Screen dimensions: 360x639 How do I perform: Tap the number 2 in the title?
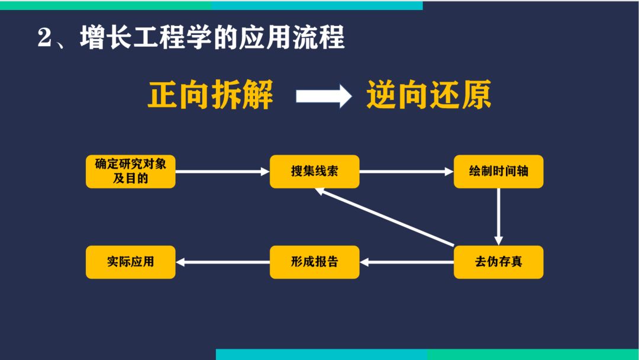point(46,39)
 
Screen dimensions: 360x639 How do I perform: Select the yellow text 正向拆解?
point(211,95)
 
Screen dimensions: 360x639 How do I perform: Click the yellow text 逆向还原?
point(429,95)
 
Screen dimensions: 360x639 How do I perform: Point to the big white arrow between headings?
point(323,96)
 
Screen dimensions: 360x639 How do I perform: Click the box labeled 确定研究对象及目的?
point(130,171)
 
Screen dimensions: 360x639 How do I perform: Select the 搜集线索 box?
point(314,171)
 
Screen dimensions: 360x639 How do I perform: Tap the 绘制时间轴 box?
point(498,171)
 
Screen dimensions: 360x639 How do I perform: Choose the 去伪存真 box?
point(498,262)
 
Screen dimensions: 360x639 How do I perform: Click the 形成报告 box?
point(314,262)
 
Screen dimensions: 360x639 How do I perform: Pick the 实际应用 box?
point(130,262)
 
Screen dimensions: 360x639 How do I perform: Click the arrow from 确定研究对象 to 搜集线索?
point(222,172)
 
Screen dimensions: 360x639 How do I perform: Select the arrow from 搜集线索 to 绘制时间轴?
point(406,172)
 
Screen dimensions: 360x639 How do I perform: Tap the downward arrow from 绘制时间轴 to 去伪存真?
point(499,217)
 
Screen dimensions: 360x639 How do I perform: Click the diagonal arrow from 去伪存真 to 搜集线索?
point(385,217)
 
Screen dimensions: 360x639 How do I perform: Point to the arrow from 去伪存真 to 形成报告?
point(406,262)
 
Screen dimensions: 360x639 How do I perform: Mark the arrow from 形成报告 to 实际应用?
point(223,262)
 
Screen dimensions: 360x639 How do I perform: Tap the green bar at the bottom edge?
point(532,354)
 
